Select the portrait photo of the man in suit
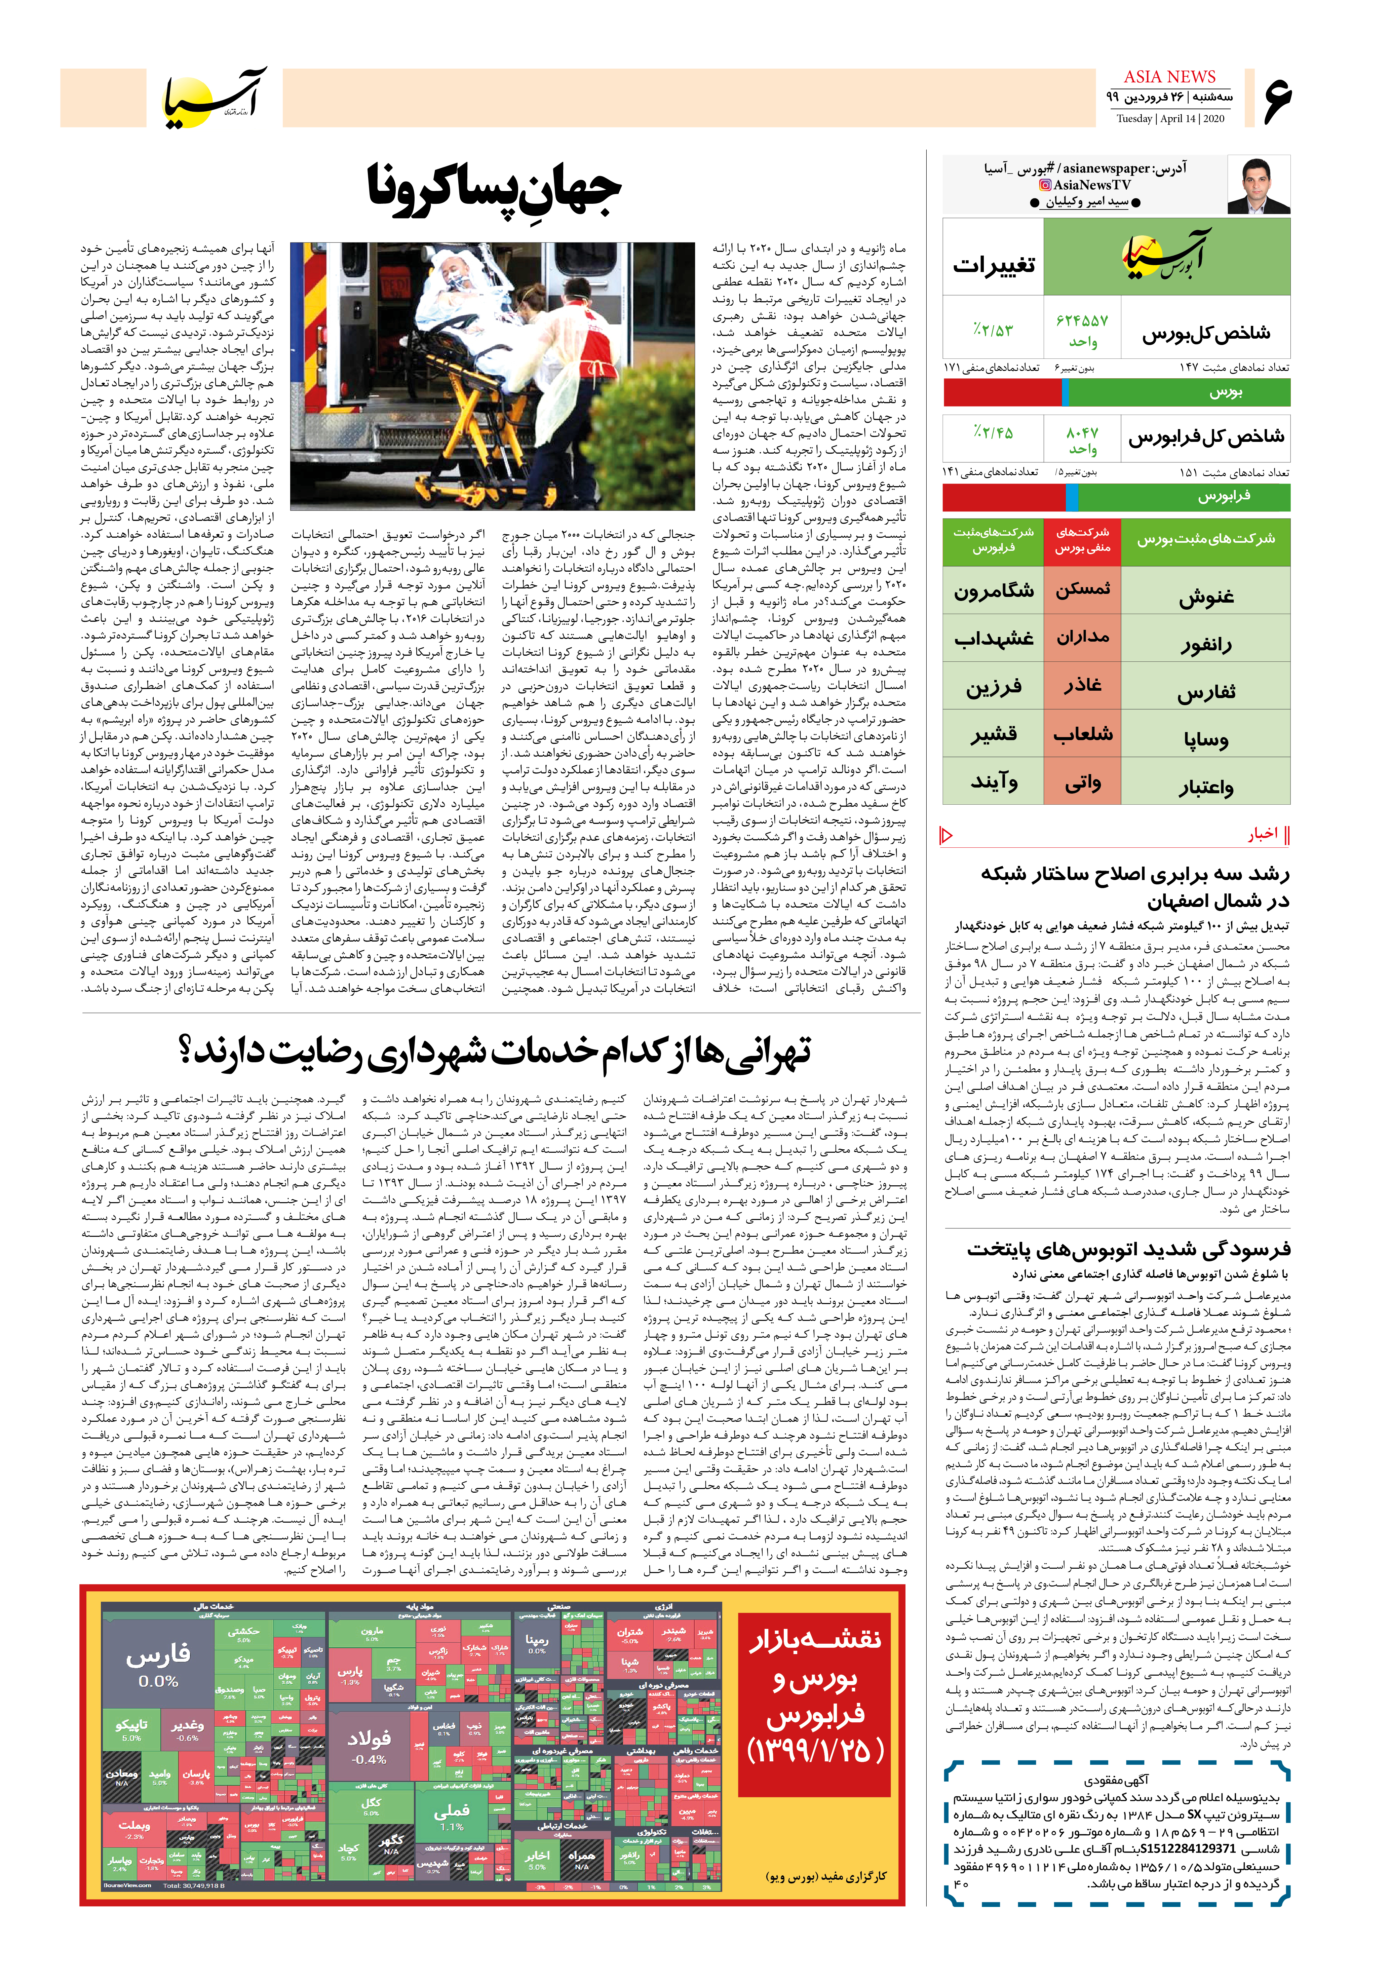pos(1259,185)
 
